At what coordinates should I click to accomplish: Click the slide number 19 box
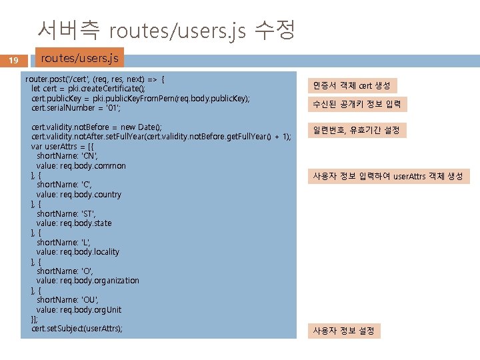click(13, 61)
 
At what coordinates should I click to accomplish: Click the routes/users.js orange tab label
click(79, 58)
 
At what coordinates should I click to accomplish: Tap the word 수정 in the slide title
click(275, 29)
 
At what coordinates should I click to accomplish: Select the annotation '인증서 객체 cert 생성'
click(353, 85)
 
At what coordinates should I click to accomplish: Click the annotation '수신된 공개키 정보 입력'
click(357, 105)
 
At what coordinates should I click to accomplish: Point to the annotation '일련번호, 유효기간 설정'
click(357, 130)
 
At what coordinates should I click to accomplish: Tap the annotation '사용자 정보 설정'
click(344, 331)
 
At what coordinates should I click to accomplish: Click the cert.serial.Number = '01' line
click(75, 107)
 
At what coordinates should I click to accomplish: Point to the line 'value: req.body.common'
click(81, 165)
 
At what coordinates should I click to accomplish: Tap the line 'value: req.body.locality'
click(78, 252)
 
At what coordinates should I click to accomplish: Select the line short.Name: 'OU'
click(67, 300)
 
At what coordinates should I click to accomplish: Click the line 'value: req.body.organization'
click(88, 281)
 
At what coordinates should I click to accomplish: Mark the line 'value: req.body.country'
click(79, 195)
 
